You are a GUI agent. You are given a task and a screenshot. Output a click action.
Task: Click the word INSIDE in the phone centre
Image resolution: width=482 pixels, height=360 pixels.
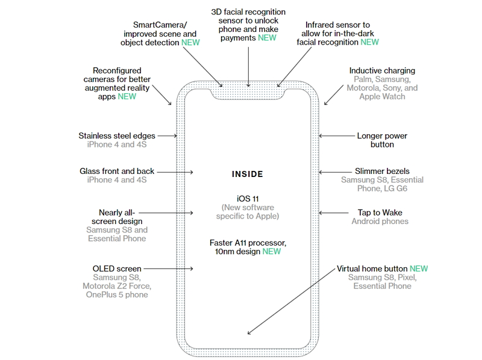pos(248,174)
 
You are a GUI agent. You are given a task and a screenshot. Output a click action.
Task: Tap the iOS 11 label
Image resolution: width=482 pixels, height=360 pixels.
pos(248,198)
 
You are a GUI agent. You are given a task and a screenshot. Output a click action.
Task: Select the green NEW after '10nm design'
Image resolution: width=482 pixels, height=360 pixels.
pos(271,251)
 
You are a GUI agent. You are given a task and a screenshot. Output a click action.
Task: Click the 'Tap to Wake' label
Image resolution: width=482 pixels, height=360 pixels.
pos(380,213)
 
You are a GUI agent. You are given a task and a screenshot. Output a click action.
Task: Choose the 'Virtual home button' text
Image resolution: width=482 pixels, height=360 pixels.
pos(372,268)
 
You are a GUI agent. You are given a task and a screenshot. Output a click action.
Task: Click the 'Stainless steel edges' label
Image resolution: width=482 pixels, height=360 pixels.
pos(117,136)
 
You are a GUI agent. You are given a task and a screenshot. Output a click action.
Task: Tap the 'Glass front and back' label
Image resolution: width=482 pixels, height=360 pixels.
pos(117,171)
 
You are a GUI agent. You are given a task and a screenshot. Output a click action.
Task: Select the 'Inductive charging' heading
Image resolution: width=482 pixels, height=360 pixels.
pos(382,70)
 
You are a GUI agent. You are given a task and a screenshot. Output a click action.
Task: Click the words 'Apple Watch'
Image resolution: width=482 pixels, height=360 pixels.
pos(382,96)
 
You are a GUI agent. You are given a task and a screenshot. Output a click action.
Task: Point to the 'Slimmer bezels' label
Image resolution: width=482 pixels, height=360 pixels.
pos(382,171)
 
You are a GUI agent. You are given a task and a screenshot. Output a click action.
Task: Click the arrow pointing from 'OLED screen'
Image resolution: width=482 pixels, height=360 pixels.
pos(169,268)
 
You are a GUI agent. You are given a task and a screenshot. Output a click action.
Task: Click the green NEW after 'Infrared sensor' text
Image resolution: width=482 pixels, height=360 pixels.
pos(369,42)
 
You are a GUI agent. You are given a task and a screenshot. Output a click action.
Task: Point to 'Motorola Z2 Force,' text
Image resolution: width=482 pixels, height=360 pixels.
pos(117,286)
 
